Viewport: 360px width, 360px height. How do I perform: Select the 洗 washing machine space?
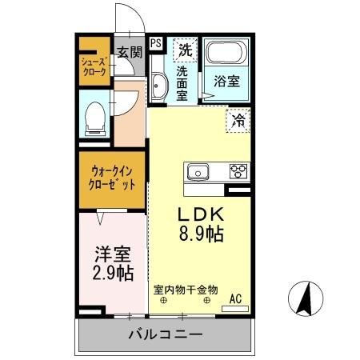[x=186, y=49]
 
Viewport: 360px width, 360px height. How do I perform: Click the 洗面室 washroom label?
[x=182, y=83]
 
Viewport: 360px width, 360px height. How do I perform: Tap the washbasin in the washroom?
[x=158, y=87]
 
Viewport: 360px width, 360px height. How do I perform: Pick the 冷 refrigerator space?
[x=238, y=122]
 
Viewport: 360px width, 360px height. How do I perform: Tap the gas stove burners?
[x=238, y=170]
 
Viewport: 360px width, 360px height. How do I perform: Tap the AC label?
[x=236, y=299]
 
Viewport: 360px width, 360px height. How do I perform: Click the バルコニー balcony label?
[x=166, y=334]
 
